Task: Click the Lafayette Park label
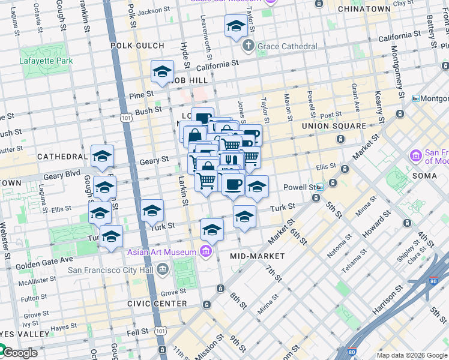pyautogui.click(x=46, y=61)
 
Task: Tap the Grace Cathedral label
pyautogui.click(x=288, y=46)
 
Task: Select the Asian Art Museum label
pyautogui.click(x=161, y=252)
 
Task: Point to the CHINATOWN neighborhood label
pyautogui.click(x=364, y=10)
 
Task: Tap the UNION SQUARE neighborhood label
pyautogui.click(x=334, y=126)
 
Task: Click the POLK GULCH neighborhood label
pyautogui.click(x=137, y=46)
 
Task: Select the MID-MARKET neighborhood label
pyautogui.click(x=257, y=256)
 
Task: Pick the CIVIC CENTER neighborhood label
pyautogui.click(x=157, y=304)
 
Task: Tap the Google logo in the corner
pyautogui.click(x=19, y=353)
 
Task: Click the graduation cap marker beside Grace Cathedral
pyautogui.click(x=236, y=26)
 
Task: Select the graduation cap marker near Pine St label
pyautogui.click(x=162, y=73)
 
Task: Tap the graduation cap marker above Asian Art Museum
pyautogui.click(x=211, y=230)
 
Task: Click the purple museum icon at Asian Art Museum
pyautogui.click(x=206, y=250)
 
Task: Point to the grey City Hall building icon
pyautogui.click(x=163, y=270)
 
